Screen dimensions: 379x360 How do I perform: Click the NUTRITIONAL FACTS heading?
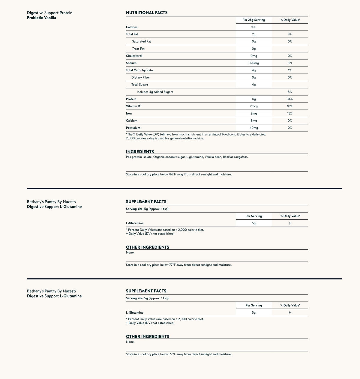pos(147,13)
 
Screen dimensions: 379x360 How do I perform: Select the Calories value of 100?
pos(253,27)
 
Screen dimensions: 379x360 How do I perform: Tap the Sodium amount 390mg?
pos(253,63)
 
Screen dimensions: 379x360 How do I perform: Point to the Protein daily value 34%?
pos(289,99)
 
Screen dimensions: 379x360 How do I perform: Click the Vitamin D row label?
pos(133,106)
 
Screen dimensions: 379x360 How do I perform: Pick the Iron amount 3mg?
pos(253,113)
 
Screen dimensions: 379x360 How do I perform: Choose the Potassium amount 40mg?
pos(253,128)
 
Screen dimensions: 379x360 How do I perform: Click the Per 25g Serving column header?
pos(253,20)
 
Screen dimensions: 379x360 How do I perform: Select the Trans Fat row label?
pos(138,49)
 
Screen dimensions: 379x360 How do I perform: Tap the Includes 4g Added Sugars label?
pos(155,92)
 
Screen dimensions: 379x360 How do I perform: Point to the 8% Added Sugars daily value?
pos(289,92)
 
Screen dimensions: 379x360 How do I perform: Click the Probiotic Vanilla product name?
pos(41,18)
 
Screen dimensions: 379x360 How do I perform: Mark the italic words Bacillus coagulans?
pos(235,157)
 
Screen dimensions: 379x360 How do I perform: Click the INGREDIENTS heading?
pos(140,152)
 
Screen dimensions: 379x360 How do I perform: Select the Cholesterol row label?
pos(134,56)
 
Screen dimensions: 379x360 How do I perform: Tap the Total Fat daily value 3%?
pos(289,34)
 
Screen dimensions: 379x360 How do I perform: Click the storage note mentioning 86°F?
pos(179,174)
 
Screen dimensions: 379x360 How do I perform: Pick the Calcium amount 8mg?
pos(253,121)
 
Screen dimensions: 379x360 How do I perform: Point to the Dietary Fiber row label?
pos(140,77)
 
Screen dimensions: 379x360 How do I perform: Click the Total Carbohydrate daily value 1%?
pos(289,70)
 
